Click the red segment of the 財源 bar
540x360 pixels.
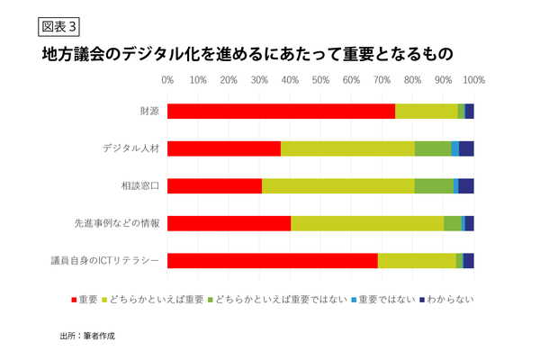click(x=281, y=111)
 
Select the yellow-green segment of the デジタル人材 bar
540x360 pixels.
click(x=347, y=148)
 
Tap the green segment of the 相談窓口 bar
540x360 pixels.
click(x=434, y=186)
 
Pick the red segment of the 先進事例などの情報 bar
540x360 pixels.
click(x=229, y=223)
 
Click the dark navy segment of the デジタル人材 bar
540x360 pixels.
click(x=466, y=148)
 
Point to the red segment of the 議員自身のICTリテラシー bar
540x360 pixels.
click(x=272, y=261)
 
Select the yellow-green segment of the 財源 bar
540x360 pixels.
click(x=426, y=111)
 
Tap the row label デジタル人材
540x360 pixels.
click(x=132, y=148)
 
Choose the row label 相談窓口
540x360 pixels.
click(x=140, y=186)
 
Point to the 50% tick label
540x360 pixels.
click(x=320, y=80)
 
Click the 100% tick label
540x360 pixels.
click(x=473, y=80)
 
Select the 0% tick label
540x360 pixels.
click(x=167, y=80)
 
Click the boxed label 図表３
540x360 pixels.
click(x=53, y=23)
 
